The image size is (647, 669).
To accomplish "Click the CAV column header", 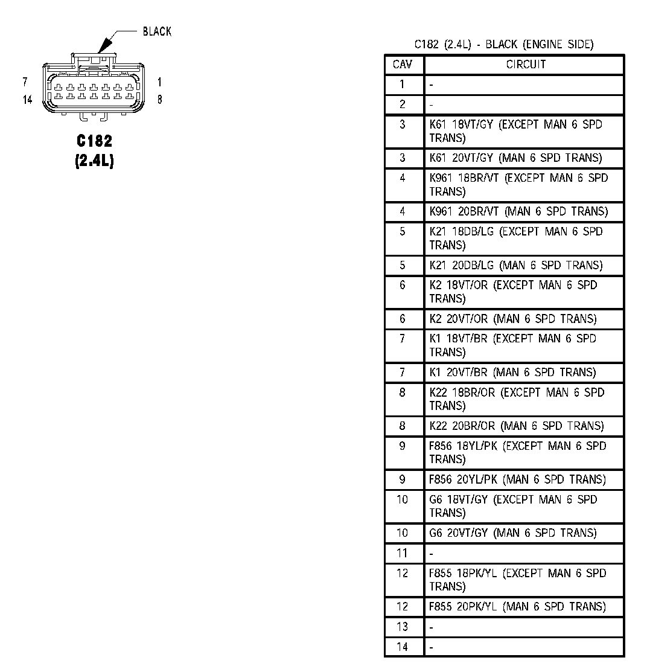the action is coord(403,65).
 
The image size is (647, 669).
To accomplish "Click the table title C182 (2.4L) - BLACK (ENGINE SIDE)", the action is coord(504,44).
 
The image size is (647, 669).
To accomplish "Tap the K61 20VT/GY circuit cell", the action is coord(515,158).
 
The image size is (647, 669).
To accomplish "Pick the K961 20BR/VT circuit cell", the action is coord(518,211).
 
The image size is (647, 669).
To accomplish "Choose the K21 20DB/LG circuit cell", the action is coord(515,265).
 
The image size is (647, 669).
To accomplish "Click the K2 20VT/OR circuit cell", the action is coord(513,319).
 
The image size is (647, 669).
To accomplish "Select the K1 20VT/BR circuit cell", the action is coord(512,373).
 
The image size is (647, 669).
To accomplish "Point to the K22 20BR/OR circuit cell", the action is coord(516,426).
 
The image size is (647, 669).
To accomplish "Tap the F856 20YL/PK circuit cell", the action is coord(517,479).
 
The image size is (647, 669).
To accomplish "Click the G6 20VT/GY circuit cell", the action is coord(513,533).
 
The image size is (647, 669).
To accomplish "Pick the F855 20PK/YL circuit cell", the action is coord(517,607).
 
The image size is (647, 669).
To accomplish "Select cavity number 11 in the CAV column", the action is coord(403,553).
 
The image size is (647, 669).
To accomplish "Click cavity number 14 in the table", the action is coord(403,647).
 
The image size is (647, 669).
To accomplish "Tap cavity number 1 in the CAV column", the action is coord(403,85).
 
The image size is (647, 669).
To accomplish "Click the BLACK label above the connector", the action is coord(157,31).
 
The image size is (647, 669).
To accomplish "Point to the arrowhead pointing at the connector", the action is coord(104,45).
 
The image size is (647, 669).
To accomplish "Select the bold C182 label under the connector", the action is coord(94,141).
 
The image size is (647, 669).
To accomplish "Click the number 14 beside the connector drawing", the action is coord(28,100).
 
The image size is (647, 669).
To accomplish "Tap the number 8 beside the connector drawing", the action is coord(159,100).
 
